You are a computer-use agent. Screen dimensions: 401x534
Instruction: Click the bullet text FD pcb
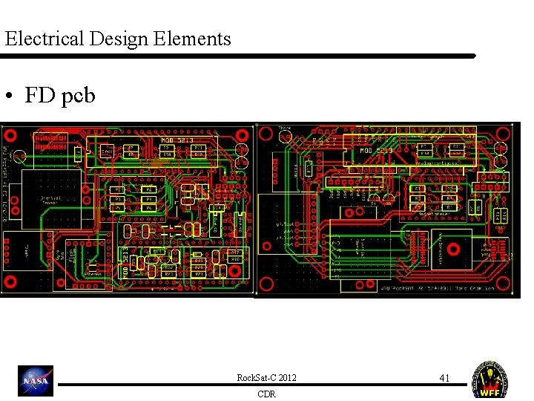pos(60,95)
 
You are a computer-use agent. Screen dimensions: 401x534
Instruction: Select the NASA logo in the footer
pos(36,380)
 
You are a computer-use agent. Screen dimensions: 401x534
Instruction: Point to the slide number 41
pos(444,378)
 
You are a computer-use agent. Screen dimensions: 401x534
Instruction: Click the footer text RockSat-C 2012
pos(266,378)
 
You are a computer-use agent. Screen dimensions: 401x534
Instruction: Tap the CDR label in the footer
pos(266,394)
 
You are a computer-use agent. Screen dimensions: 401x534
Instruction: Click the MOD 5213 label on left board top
pos(177,140)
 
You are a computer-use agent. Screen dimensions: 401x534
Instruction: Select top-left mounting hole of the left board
pos(10,135)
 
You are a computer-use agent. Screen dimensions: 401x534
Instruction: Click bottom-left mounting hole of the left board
pos(11,281)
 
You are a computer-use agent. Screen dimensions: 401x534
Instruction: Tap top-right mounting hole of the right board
pos(503,134)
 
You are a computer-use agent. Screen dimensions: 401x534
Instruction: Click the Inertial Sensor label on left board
pos(50,201)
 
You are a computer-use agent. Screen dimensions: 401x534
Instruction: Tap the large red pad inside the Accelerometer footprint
pos(454,246)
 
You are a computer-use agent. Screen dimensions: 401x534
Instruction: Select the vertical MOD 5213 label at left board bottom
pos(125,264)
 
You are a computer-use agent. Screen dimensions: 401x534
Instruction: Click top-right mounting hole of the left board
pos(241,135)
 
